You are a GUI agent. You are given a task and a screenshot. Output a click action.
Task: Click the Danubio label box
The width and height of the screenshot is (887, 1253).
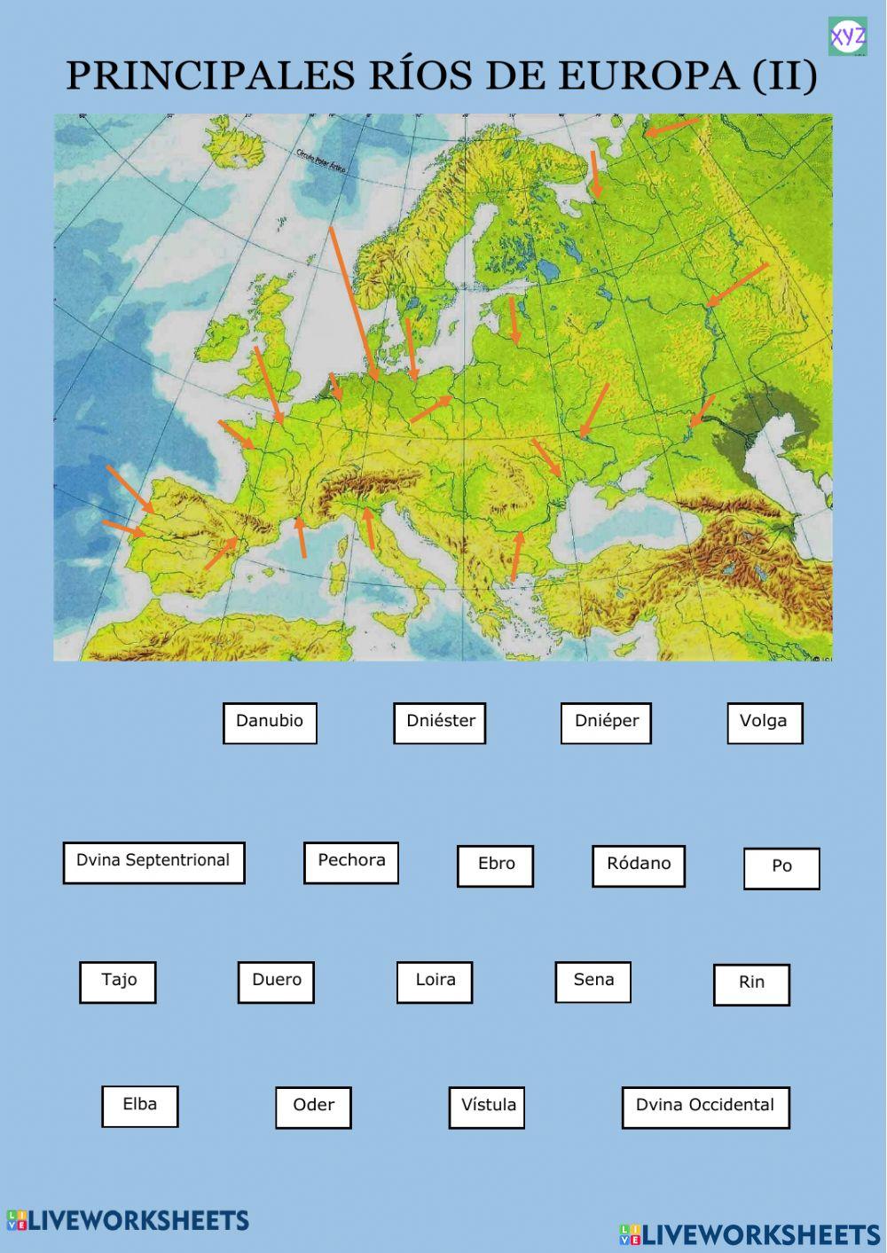coord(270,723)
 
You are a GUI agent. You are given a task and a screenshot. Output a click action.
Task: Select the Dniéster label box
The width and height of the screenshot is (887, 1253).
coord(440,723)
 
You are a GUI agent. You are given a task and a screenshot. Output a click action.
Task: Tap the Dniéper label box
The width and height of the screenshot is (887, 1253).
coord(606,723)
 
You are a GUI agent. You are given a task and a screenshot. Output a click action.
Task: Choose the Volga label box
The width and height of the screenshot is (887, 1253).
coord(765,723)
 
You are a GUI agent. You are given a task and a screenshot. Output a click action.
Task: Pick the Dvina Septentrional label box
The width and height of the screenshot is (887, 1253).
coord(153,863)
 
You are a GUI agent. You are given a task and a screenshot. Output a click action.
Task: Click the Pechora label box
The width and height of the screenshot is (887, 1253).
coord(351,863)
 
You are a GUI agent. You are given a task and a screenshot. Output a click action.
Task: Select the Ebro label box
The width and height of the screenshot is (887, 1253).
coord(495,865)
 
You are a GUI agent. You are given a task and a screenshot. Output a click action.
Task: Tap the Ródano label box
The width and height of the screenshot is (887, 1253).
coord(639,865)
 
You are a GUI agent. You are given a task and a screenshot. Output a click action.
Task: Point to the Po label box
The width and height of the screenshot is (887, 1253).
coord(781,868)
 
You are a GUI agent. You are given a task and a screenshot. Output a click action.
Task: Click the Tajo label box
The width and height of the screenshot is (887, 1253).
coord(118,983)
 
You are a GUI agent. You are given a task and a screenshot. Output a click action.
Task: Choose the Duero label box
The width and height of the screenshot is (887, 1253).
coord(276,983)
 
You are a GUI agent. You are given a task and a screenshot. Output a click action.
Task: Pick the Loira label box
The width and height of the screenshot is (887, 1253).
coord(435,983)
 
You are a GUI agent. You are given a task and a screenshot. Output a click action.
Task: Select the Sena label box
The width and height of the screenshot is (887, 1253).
coord(593,982)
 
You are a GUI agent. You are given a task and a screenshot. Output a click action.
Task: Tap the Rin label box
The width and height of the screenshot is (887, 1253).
coord(751,984)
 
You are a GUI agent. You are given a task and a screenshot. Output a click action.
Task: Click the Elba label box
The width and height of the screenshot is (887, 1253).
coord(140,1107)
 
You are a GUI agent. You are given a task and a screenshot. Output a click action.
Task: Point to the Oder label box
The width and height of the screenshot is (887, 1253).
coord(313,1108)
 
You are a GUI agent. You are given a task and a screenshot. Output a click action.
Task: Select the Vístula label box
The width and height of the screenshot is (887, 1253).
coord(487,1108)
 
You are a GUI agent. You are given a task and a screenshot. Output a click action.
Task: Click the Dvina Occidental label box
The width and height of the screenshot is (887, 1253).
coord(705,1108)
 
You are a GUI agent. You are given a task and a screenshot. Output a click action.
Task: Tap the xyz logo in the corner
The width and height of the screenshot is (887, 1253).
coord(847,36)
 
